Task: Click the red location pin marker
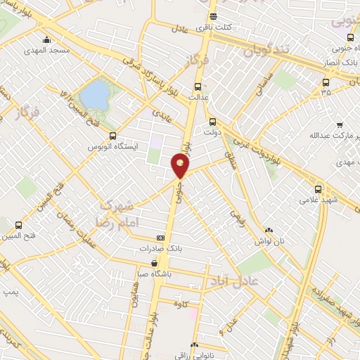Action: point(181,167)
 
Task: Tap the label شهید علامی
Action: point(319,200)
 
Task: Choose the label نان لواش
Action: point(271,240)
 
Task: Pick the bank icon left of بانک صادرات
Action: point(160,238)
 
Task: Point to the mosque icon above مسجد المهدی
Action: point(46,39)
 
